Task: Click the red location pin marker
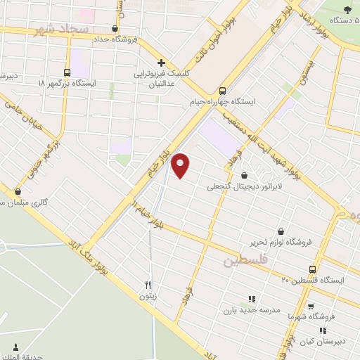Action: (181, 165)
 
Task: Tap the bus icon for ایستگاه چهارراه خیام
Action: (223, 91)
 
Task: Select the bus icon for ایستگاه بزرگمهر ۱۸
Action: (67, 72)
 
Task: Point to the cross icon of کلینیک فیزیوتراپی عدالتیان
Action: (162, 63)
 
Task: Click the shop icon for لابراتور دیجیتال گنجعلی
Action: (244, 175)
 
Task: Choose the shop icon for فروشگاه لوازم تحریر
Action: (281, 231)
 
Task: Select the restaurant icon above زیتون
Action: (148, 285)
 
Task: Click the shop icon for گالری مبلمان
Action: (18, 191)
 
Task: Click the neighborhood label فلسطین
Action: (247, 262)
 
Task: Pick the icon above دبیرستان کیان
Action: (323, 330)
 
